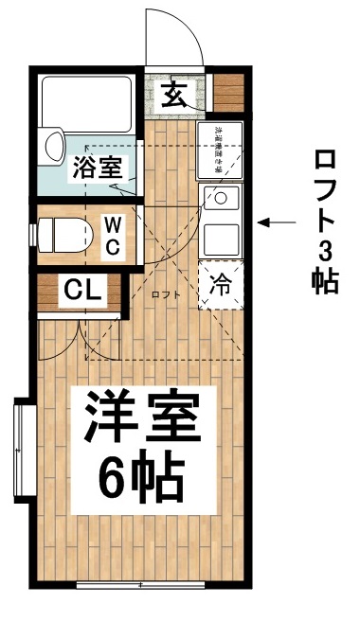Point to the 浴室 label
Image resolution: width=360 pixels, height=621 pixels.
(96, 169)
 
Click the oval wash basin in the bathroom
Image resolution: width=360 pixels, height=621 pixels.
(53, 146)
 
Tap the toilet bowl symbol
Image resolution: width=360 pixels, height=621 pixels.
(63, 232)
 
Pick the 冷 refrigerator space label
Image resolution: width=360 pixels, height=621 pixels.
(219, 283)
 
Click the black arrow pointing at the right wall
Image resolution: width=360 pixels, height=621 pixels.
(278, 223)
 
